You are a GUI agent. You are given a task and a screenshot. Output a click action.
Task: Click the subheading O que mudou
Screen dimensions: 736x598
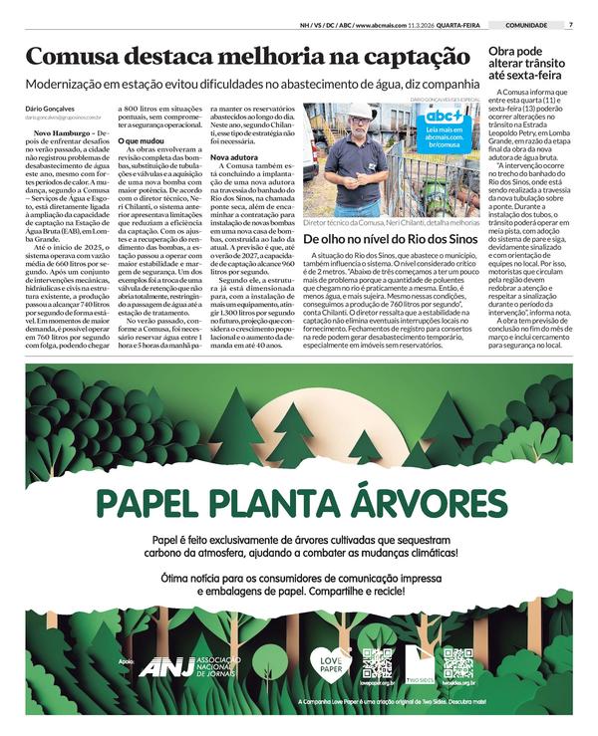coord(140,142)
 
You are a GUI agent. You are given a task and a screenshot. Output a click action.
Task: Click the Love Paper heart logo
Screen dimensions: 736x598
coord(331,663)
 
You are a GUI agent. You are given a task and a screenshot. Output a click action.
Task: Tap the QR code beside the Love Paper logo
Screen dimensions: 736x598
coord(377,663)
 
